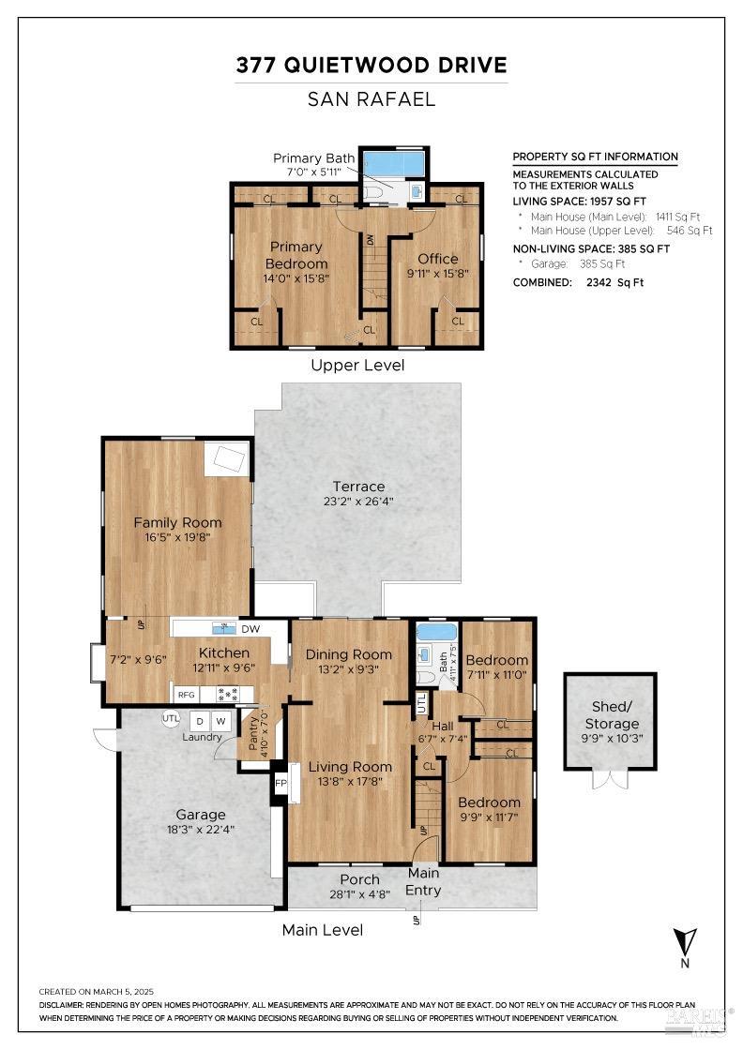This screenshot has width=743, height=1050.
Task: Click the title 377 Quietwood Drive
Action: (x=371, y=65)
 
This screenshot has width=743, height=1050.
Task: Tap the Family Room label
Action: (x=177, y=522)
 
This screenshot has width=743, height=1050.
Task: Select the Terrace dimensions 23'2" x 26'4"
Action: (x=358, y=501)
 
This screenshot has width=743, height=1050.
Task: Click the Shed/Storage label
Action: (x=612, y=715)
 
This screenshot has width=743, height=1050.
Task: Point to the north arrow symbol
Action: (x=684, y=941)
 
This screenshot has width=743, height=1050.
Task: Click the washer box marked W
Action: (x=221, y=721)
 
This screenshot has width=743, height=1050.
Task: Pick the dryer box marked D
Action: (x=199, y=721)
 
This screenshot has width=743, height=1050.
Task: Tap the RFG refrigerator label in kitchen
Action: (x=186, y=695)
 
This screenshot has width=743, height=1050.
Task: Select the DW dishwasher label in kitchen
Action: (x=250, y=629)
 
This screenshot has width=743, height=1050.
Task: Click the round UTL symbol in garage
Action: (x=170, y=718)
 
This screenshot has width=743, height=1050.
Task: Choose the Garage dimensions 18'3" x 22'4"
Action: (x=201, y=830)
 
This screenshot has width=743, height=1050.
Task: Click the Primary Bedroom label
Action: (x=296, y=255)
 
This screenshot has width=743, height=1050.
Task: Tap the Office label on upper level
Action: (x=438, y=259)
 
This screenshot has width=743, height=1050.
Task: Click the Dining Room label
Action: (x=349, y=653)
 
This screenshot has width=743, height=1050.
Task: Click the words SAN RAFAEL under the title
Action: (x=371, y=98)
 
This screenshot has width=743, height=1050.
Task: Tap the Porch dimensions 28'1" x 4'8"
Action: (x=359, y=894)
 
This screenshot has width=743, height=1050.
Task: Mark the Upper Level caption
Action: (x=357, y=365)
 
